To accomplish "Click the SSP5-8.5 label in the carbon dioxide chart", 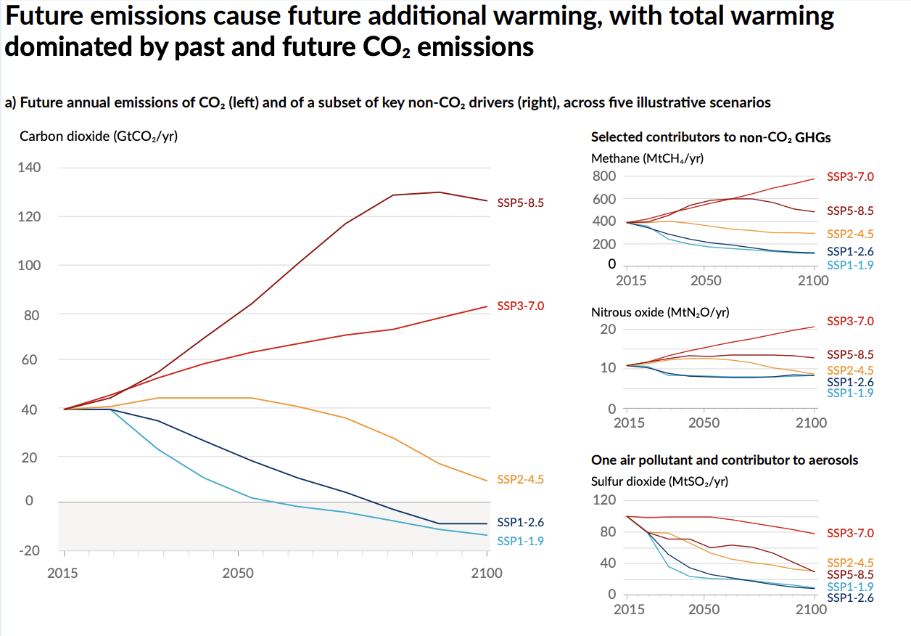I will pos(520,203).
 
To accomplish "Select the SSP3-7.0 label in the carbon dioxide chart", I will pos(520,306).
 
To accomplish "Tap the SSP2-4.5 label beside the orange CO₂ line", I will pos(520,480).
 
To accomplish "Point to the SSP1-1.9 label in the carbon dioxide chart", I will pos(520,541).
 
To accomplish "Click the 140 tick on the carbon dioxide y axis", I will pos(29,168).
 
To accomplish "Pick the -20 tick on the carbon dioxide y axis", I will pos(29,550).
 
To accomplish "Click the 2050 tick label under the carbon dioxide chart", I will pos(238,574).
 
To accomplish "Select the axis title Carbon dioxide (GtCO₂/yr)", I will pos(99,136).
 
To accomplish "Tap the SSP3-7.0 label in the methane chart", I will pos(850,176).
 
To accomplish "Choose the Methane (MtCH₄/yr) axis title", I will pos(648,158).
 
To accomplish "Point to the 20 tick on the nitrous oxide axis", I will pos(609,330).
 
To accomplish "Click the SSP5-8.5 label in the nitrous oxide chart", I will pos(850,355).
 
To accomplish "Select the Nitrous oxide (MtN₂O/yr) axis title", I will pos(660,312).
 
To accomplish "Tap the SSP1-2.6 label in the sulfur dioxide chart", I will pos(850,598).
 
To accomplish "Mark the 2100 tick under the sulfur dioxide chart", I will pos(812,610).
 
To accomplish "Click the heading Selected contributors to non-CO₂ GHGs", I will pos(711,137).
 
